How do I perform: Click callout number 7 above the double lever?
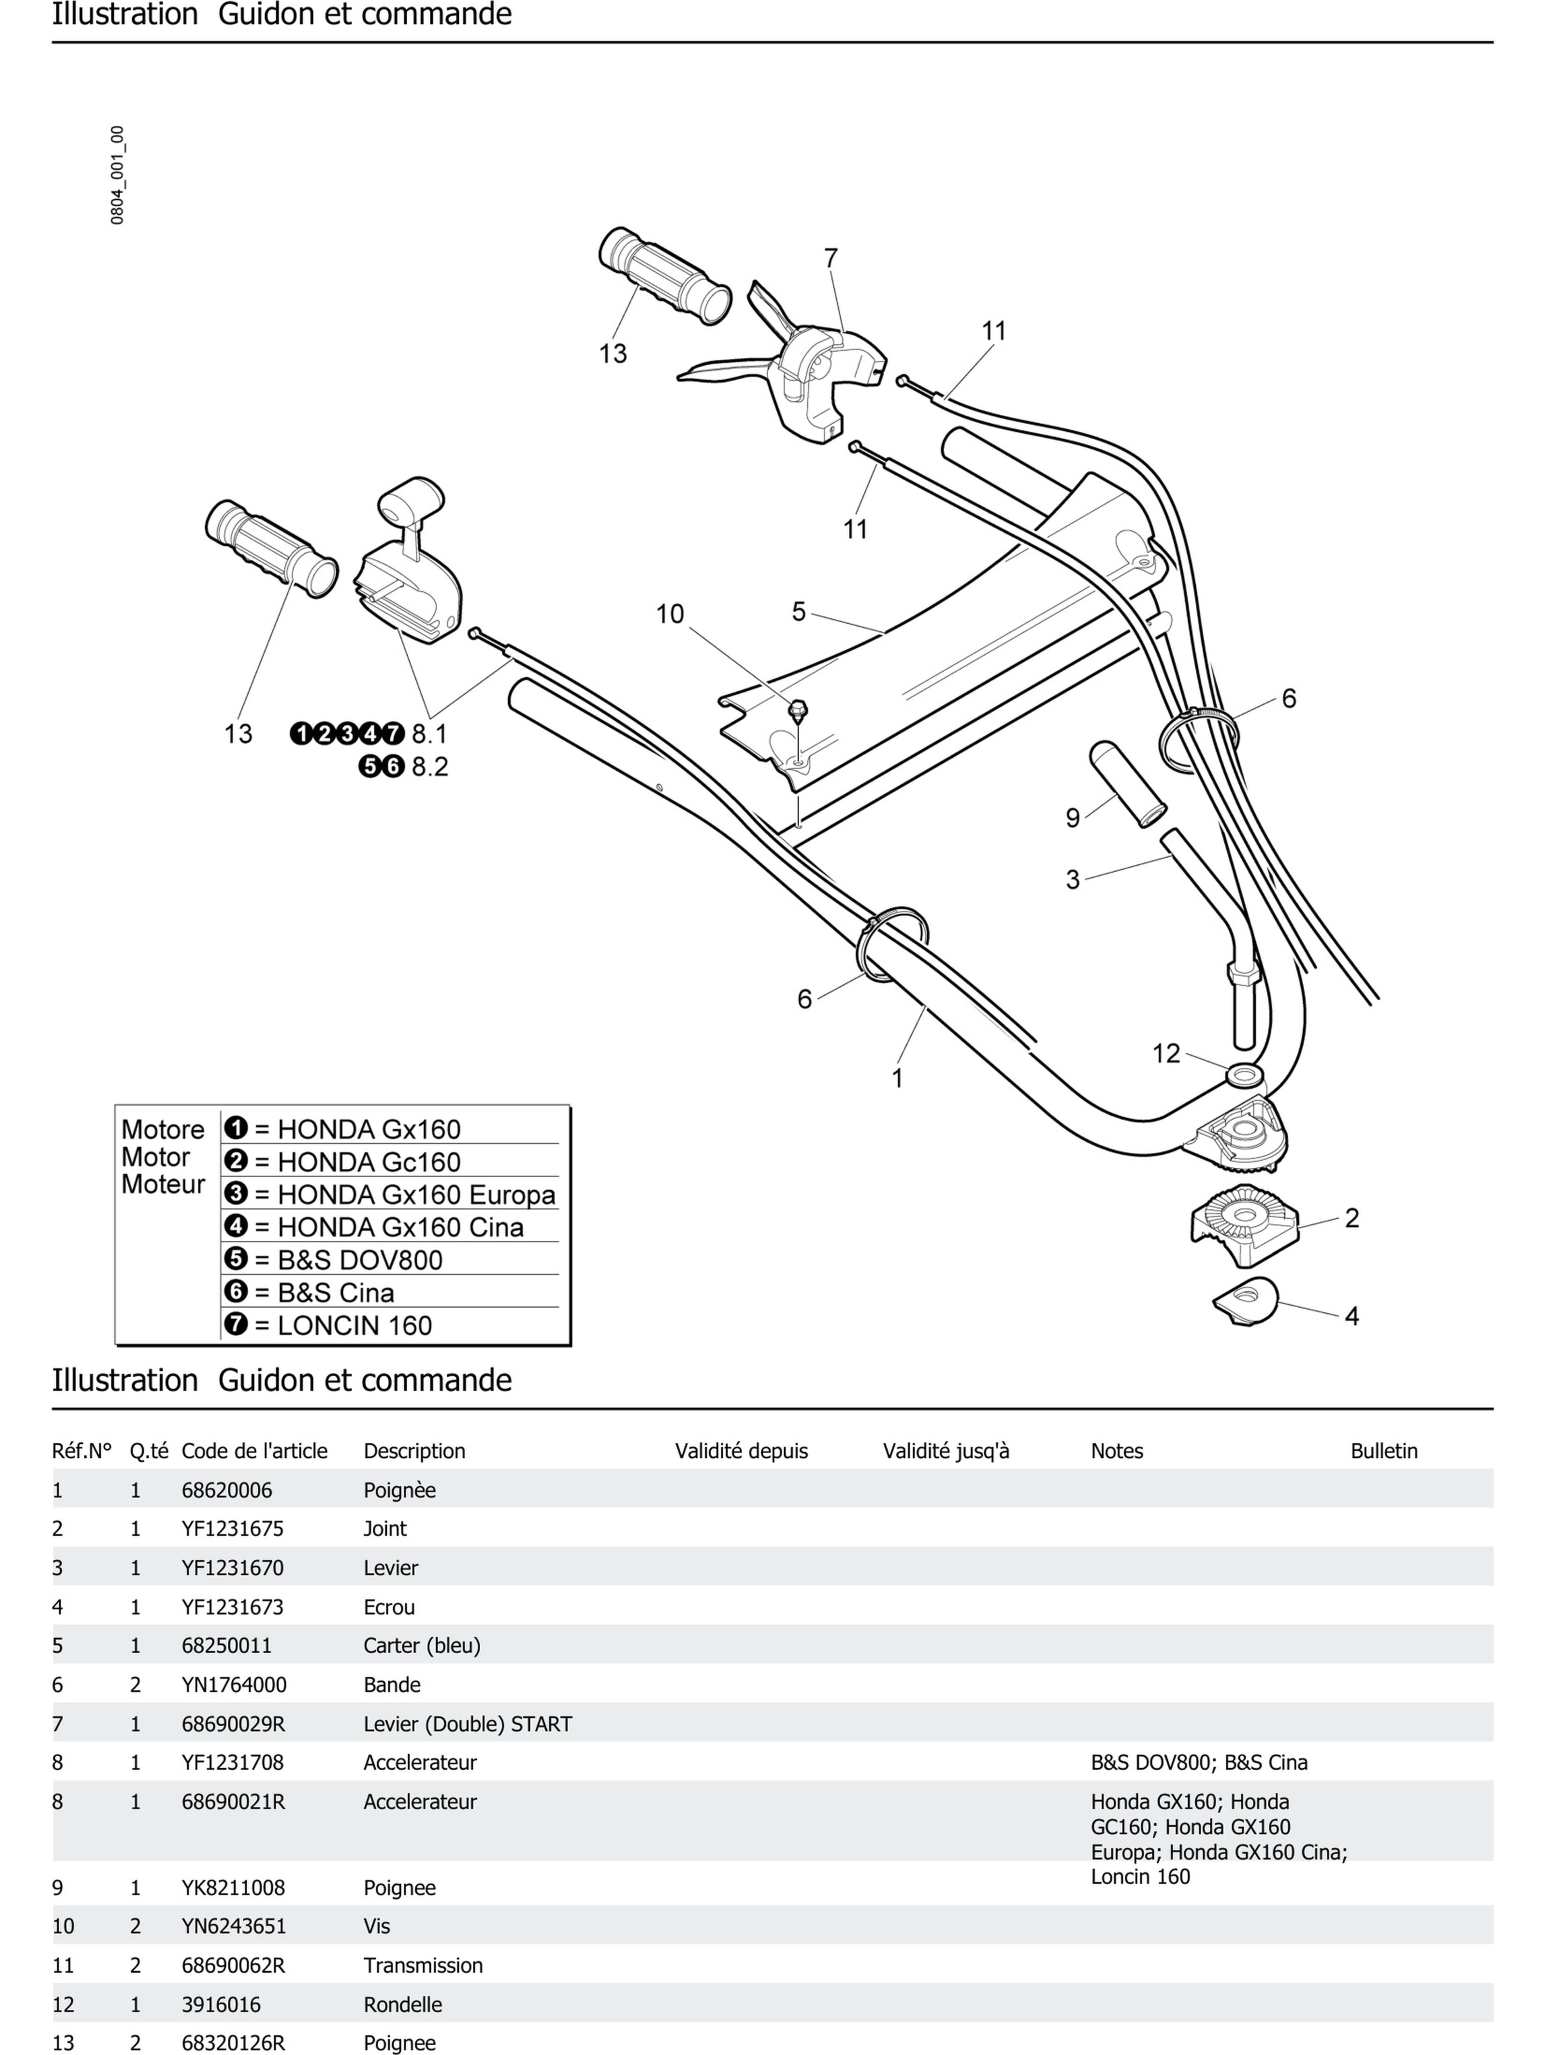[831, 258]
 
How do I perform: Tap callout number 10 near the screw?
[670, 614]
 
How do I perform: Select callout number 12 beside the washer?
[1166, 1054]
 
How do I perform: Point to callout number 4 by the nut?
[1352, 1317]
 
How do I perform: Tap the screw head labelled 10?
[797, 711]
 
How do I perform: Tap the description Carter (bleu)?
[422, 1645]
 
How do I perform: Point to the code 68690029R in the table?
[233, 1724]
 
